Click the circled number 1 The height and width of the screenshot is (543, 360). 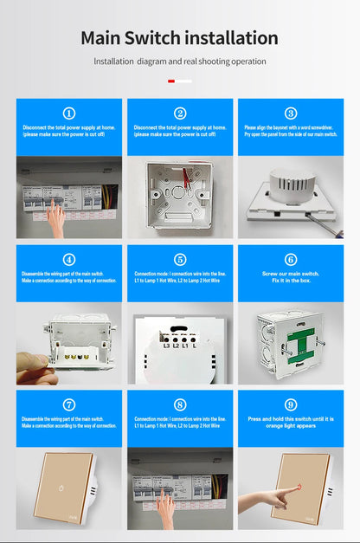point(69,113)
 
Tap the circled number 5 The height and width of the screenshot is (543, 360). point(180,259)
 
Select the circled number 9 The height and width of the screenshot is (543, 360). point(291,404)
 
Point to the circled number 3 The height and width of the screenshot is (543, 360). point(291,113)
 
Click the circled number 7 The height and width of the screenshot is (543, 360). point(69,404)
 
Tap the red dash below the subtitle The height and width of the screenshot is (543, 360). point(171,81)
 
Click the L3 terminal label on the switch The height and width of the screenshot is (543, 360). point(164,345)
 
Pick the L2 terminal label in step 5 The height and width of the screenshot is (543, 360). point(176,345)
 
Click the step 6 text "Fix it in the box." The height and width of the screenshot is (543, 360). point(291,281)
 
